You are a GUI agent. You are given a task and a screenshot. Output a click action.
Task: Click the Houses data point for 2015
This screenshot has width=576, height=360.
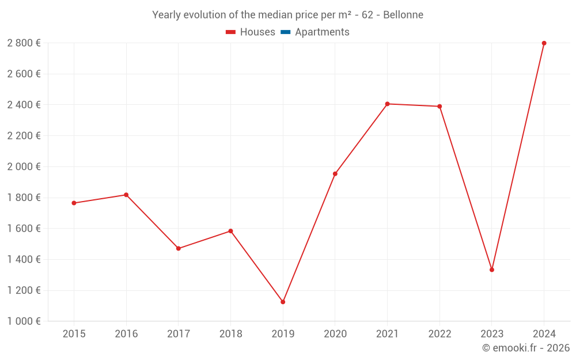[74, 203]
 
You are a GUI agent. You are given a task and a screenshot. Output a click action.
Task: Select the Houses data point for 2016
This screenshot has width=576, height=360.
[126, 195]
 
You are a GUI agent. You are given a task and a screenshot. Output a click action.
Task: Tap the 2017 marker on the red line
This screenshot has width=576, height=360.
[179, 248]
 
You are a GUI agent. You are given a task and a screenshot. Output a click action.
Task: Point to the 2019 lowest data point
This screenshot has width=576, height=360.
[283, 302]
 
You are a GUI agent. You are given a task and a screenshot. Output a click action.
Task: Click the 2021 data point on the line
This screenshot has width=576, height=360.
[387, 104]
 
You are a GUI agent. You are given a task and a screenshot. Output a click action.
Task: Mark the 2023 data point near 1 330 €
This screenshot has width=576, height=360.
[492, 270]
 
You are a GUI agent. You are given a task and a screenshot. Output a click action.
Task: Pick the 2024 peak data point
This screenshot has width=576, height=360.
[544, 43]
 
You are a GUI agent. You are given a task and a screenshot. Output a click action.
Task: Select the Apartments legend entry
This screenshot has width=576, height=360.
[322, 32]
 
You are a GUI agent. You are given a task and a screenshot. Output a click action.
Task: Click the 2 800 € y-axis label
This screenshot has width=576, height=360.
[24, 43]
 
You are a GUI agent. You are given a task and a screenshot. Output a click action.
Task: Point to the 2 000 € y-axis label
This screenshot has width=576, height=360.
[24, 166]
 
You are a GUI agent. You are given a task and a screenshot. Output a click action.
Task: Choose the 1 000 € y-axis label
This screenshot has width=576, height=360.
[24, 321]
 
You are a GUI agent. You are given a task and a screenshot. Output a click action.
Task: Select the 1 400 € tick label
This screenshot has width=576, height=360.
[24, 259]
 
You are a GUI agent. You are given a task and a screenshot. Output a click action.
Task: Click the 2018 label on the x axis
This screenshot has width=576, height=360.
[230, 334]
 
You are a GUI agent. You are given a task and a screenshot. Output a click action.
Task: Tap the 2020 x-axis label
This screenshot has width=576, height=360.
[335, 334]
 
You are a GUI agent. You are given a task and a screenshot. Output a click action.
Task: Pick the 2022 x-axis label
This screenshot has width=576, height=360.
[439, 334]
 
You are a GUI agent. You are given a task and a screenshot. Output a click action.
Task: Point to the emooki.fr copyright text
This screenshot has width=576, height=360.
[526, 348]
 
